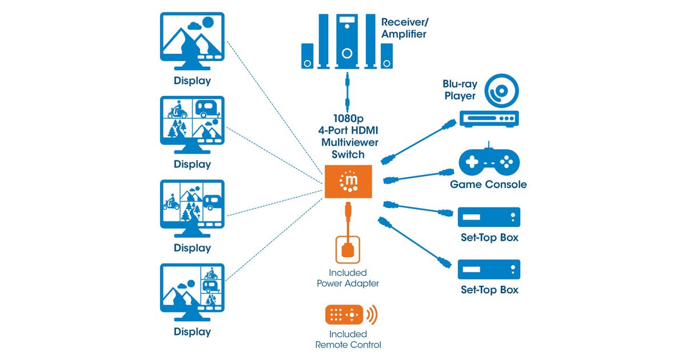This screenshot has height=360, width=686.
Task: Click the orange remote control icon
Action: tap(345, 315)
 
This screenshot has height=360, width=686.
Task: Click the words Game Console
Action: tap(488, 185)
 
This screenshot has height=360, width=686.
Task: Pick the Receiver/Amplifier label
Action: tap(404, 29)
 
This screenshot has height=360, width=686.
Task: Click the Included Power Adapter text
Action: tap(348, 278)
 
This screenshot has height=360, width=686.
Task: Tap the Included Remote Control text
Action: tap(348, 339)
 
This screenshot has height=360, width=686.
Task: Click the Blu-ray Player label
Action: tap(461, 90)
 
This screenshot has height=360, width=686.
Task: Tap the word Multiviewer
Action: tap(348, 142)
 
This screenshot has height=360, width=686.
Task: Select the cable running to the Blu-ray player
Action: tap(420, 141)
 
